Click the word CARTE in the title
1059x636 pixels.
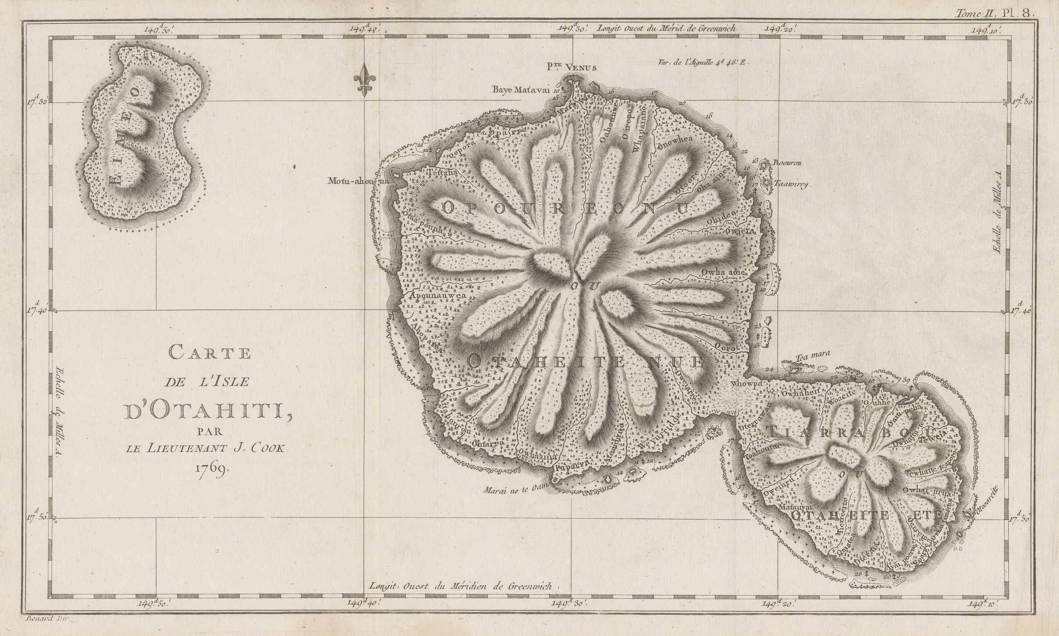point(210,353)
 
